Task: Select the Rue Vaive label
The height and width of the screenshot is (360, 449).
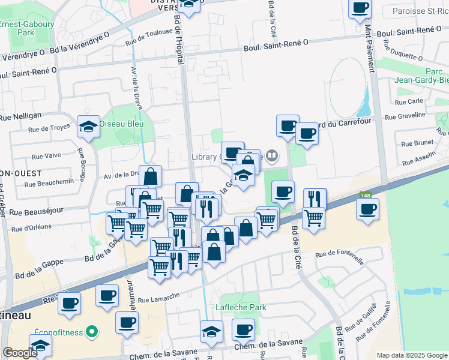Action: pos(45,155)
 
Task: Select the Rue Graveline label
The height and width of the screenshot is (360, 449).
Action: pos(409,117)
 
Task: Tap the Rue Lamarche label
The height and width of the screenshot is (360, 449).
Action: pos(158,298)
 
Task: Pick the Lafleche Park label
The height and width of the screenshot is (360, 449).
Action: pos(241,307)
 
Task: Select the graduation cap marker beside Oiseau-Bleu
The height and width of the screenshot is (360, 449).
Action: pos(88,127)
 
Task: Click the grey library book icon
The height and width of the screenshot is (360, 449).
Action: pos(272,157)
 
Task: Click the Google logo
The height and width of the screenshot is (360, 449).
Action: pos(20,353)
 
